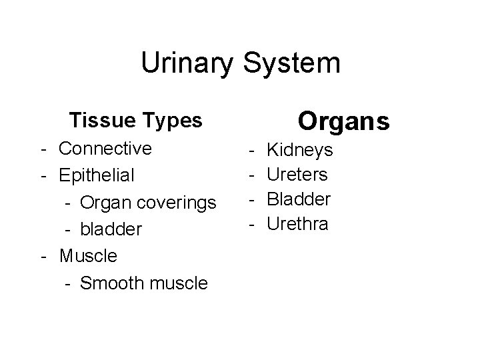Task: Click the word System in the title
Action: click(290, 64)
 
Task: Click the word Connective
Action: click(105, 148)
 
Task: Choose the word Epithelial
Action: click(97, 175)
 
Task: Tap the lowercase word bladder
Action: click(111, 229)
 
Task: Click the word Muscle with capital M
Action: click(88, 255)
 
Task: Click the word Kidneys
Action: click(299, 151)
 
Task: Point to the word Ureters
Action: click(297, 175)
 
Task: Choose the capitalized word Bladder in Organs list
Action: click(299, 199)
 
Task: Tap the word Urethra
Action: click(297, 223)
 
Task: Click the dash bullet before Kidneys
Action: click(253, 151)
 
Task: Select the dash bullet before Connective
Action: click(43, 148)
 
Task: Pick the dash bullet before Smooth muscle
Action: click(68, 283)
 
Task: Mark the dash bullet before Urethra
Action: click(253, 223)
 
